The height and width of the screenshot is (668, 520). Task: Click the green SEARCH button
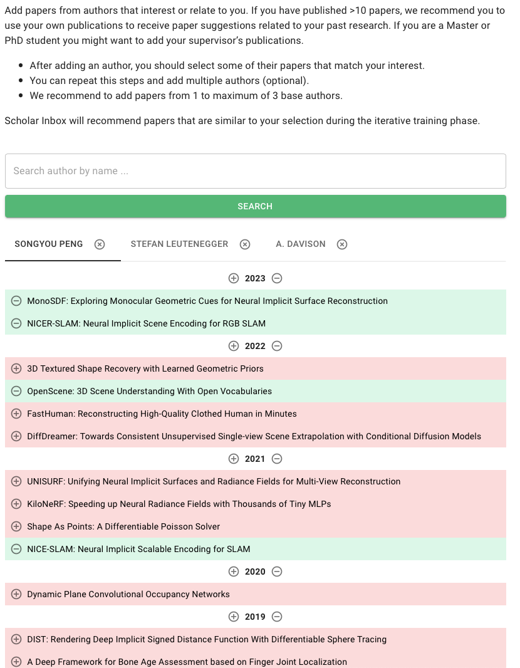(x=255, y=206)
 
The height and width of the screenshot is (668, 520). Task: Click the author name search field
(x=255, y=171)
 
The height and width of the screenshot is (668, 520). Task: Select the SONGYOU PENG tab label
(x=49, y=244)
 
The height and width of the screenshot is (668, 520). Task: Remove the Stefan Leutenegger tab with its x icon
(x=245, y=244)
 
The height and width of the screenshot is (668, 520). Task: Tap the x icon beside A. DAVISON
(x=342, y=244)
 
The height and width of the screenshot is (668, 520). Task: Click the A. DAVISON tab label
(x=301, y=244)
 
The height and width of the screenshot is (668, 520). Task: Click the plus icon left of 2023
(x=234, y=278)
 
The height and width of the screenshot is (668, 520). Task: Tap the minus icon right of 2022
(x=277, y=346)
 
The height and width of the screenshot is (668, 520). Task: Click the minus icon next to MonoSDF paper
(x=16, y=301)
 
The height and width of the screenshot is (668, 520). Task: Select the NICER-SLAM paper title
(x=146, y=323)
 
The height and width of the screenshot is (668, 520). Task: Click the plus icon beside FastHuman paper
(x=16, y=414)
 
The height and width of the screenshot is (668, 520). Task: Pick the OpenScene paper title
(x=149, y=391)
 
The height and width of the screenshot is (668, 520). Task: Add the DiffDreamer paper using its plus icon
(x=16, y=436)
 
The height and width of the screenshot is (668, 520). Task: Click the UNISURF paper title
(x=214, y=481)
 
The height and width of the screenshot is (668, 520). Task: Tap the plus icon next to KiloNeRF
(x=16, y=504)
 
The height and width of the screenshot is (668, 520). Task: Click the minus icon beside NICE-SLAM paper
(x=16, y=549)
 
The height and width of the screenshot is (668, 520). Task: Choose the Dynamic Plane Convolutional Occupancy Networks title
(x=128, y=594)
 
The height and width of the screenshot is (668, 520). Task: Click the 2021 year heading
(x=255, y=459)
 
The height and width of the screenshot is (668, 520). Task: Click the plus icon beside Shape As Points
(x=16, y=526)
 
